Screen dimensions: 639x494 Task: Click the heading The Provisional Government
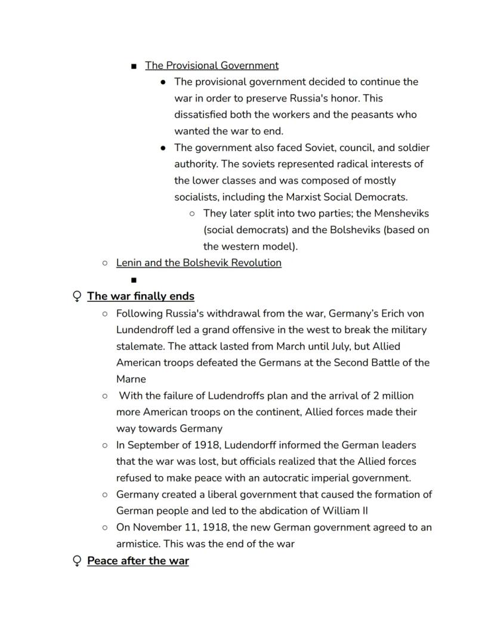[211, 66]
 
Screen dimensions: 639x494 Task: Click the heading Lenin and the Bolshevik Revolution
[199, 263]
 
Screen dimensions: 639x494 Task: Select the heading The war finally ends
[140, 297]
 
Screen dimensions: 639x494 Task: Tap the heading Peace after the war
[138, 561]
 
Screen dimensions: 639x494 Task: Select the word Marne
[131, 379]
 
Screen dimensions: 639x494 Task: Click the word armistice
[138, 544]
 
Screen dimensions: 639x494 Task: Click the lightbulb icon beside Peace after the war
[76, 561]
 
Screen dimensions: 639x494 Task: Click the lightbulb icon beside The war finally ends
[76, 297]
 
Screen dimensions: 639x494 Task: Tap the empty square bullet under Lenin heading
[134, 280]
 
